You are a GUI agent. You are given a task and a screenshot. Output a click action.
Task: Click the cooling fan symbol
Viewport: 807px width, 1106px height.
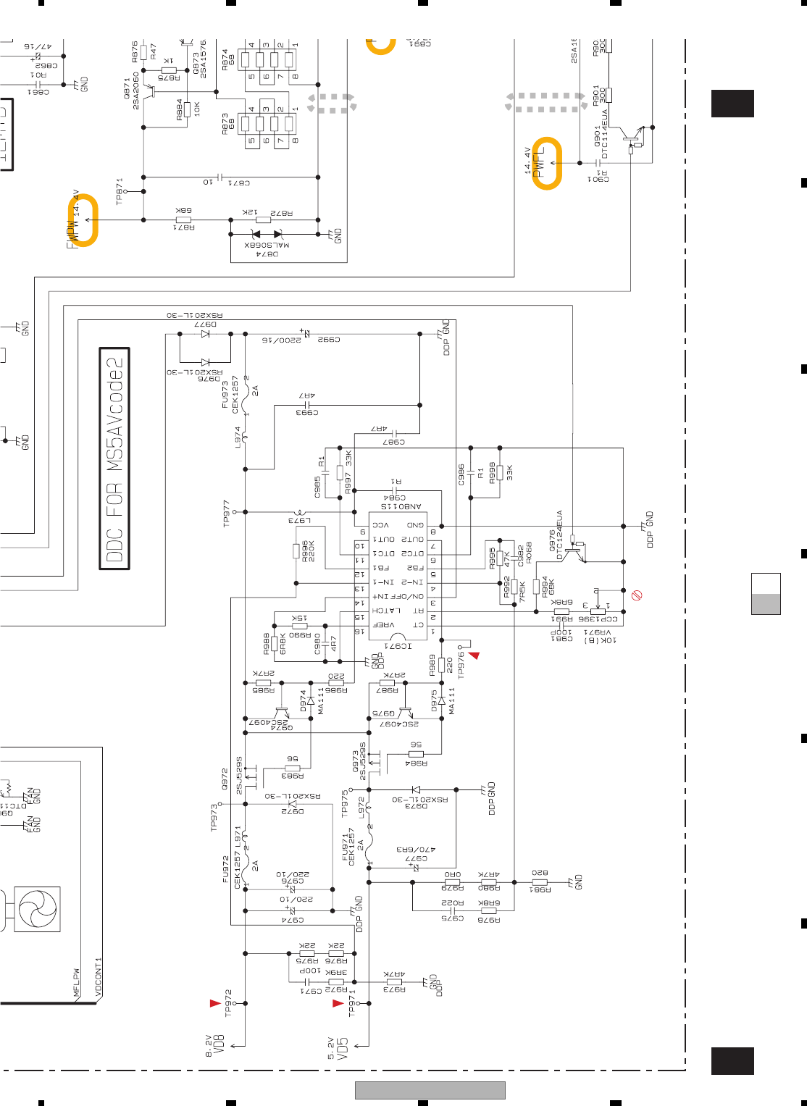[38, 909]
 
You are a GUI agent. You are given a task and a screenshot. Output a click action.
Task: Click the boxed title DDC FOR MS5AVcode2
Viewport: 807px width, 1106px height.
[114, 459]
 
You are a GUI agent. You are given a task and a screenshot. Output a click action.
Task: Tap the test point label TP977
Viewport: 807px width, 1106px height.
[227, 512]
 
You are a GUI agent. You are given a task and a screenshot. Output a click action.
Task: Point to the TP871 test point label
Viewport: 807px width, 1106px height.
[120, 190]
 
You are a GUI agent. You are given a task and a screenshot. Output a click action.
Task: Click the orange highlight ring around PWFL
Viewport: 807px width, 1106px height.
[547, 164]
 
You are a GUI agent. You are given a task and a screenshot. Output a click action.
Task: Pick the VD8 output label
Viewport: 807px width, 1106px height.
[217, 1046]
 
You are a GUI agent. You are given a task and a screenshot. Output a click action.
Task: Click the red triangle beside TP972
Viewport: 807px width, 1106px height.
[214, 1003]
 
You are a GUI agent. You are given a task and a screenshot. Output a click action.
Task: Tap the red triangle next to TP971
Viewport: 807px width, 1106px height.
[338, 1003]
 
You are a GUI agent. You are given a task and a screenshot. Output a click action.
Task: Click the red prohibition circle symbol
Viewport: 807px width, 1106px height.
[637, 595]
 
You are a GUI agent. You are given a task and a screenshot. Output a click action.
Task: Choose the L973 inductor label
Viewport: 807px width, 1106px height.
[299, 520]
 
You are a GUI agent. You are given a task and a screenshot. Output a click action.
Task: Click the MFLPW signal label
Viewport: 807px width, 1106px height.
[76, 983]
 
